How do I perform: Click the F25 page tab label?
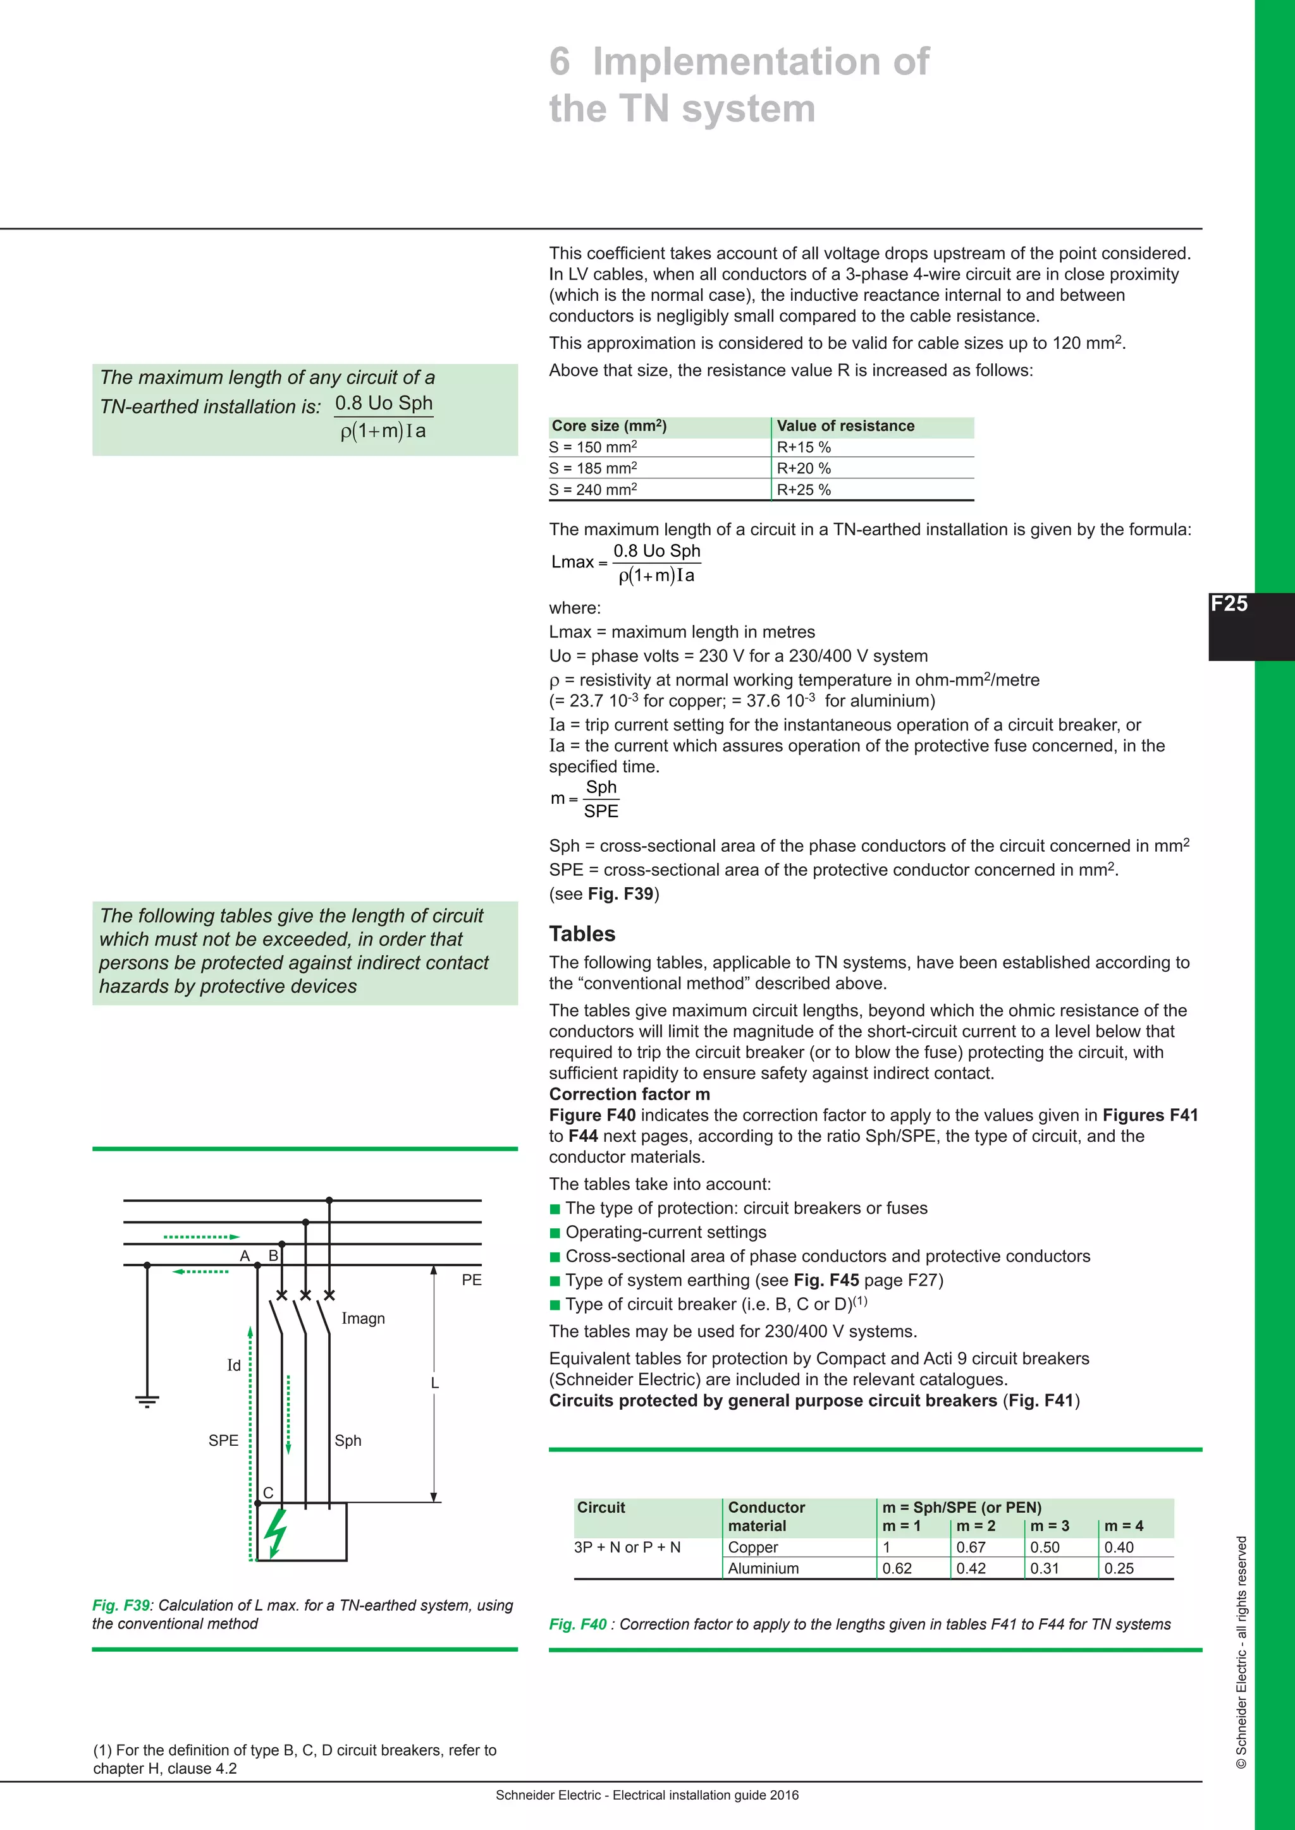click(x=1229, y=604)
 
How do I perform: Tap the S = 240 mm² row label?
click(x=592, y=489)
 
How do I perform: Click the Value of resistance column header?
click(x=845, y=427)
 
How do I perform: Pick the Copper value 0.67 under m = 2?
click(x=971, y=1547)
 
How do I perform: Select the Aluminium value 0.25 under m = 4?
click(x=1119, y=1568)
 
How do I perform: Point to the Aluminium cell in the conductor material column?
click(x=763, y=1568)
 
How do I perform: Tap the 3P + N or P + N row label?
click(x=627, y=1547)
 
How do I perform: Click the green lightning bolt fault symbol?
click(x=276, y=1532)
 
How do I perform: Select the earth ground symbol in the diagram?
click(x=147, y=1402)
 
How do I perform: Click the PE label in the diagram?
click(x=471, y=1280)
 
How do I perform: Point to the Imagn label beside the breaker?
click(x=363, y=1318)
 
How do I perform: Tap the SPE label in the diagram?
click(x=223, y=1440)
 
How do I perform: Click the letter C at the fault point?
click(x=268, y=1493)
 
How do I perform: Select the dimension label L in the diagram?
click(x=434, y=1383)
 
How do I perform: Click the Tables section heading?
click(x=582, y=934)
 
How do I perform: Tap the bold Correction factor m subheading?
click(x=629, y=1094)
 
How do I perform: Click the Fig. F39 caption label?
click(x=120, y=1605)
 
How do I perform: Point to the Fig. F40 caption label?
click(x=577, y=1625)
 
